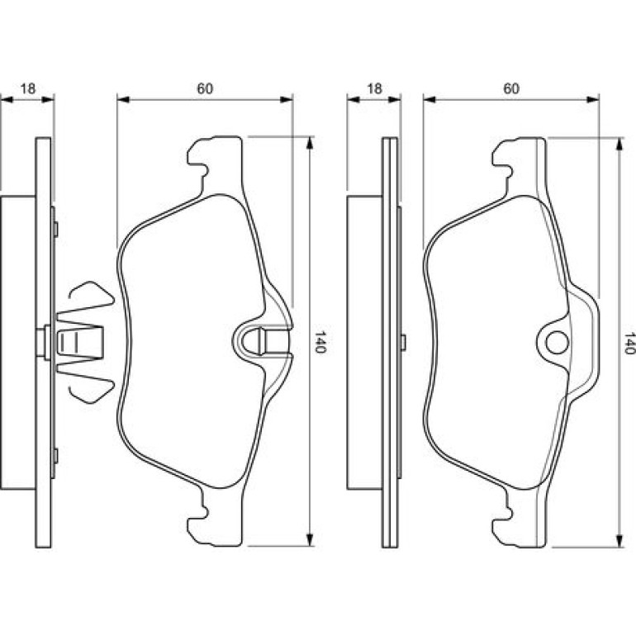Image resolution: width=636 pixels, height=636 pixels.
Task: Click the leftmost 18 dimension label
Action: pyautogui.click(x=28, y=88)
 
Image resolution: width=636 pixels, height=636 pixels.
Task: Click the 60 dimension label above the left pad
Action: pyautogui.click(x=205, y=88)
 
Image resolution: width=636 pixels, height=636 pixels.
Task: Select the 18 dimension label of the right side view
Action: pyautogui.click(x=374, y=88)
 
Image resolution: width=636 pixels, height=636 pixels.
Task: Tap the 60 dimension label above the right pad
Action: pyautogui.click(x=511, y=88)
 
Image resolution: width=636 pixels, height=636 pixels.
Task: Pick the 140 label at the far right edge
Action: pyautogui.click(x=630, y=343)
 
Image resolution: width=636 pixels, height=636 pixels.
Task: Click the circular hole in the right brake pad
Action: pyautogui.click(x=557, y=343)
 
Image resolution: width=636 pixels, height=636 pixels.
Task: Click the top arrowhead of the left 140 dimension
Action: pyautogui.click(x=310, y=143)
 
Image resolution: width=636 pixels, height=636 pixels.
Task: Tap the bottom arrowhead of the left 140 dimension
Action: pyautogui.click(x=310, y=539)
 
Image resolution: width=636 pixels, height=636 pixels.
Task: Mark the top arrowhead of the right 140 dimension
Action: pyautogui.click(x=619, y=145)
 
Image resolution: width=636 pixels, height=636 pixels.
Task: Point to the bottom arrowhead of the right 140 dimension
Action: pyautogui.click(x=619, y=541)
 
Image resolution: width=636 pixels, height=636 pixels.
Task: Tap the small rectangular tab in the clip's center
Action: pyautogui.click(x=67, y=343)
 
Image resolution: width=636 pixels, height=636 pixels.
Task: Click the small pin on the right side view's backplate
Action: pyautogui.click(x=403, y=342)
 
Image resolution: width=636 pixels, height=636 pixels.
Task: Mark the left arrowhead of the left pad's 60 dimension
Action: pyautogui.click(x=123, y=99)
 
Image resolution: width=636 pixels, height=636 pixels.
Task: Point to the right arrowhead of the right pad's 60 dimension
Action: pyautogui.click(x=593, y=99)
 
